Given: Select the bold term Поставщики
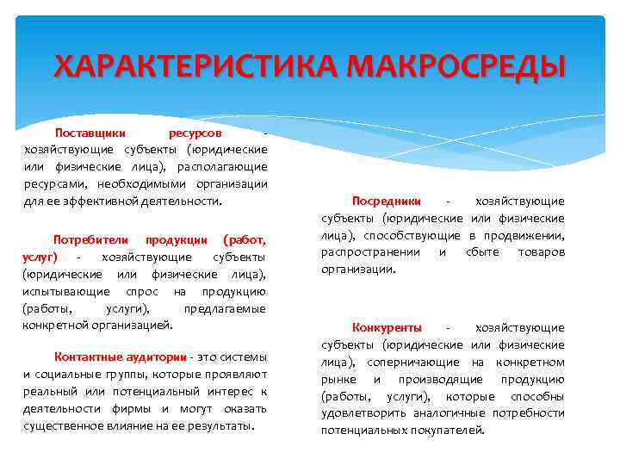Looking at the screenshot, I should (x=90, y=133).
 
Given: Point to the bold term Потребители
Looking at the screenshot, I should (x=90, y=239).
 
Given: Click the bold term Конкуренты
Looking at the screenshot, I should (x=387, y=327).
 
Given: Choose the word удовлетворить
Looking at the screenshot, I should (x=361, y=412).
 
